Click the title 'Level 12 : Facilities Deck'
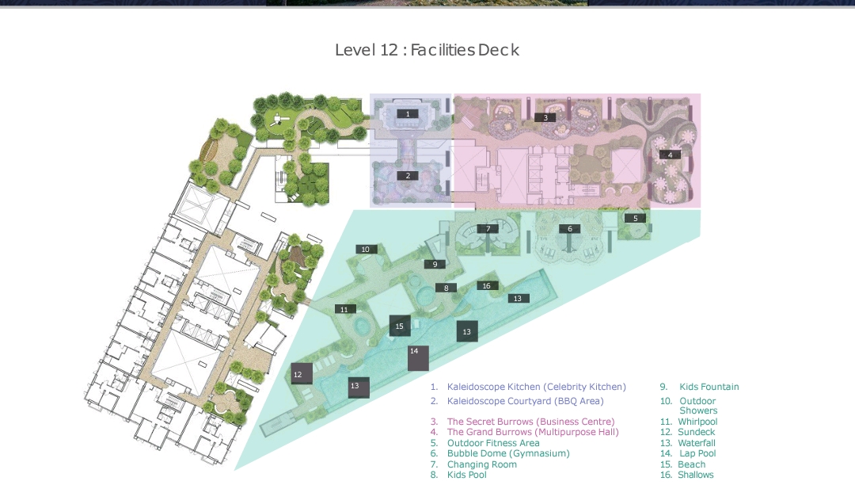(x=427, y=50)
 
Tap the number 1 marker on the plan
(x=408, y=114)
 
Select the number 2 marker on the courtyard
(x=408, y=176)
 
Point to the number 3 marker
(x=545, y=117)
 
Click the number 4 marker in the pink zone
(x=670, y=155)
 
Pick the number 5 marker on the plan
(x=635, y=218)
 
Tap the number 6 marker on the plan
(x=569, y=228)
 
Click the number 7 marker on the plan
(x=488, y=228)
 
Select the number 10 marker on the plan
(x=366, y=250)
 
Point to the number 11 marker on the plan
(x=344, y=309)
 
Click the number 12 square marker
(x=302, y=374)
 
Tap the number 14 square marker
(x=418, y=358)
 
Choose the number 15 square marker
(x=400, y=326)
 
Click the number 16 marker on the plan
(x=487, y=286)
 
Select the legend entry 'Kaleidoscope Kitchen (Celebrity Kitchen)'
(x=537, y=387)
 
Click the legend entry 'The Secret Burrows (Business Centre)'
(x=530, y=422)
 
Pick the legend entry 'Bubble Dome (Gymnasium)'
(x=508, y=453)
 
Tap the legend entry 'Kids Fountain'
(x=709, y=387)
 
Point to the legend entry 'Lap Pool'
(x=697, y=453)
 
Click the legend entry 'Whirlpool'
(x=697, y=422)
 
